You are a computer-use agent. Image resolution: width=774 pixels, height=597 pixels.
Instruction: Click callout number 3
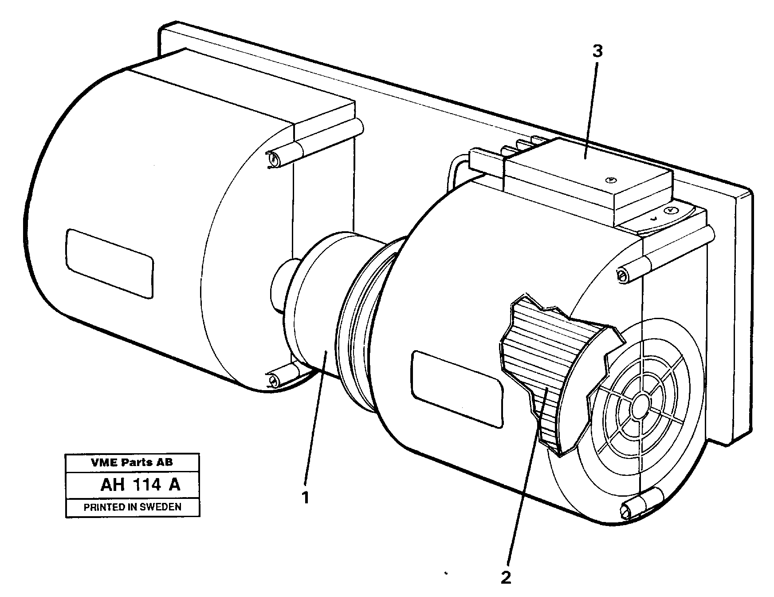pos(597,52)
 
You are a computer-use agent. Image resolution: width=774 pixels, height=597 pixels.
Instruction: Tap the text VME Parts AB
pos(132,463)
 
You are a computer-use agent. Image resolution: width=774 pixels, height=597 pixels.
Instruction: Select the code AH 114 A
pos(140,485)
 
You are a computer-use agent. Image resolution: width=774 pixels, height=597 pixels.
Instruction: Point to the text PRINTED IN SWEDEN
pos(133,507)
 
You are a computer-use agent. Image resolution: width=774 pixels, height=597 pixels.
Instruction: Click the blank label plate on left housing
pos(109,263)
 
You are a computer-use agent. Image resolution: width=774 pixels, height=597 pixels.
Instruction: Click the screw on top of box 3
pos(611,180)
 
